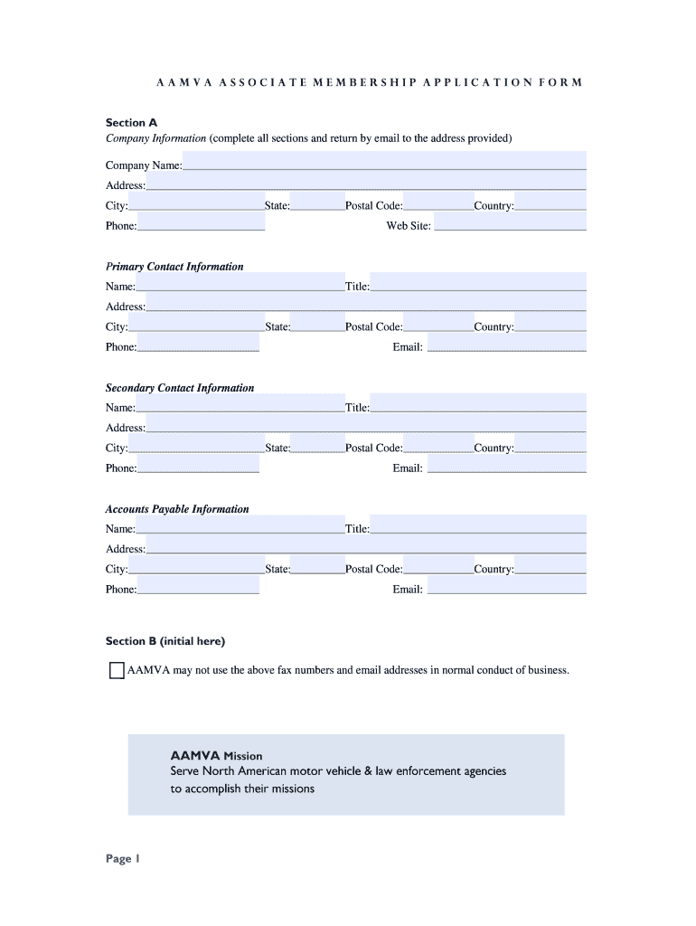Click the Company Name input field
[384, 161]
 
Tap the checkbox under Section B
[117, 671]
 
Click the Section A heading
[131, 122]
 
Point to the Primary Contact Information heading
[174, 267]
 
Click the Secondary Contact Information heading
[180, 388]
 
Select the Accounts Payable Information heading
[177, 509]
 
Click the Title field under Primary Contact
[478, 282]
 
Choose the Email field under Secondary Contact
[506, 464]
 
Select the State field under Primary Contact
[317, 323]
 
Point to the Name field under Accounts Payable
[240, 524]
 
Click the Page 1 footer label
[123, 859]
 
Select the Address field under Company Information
[365, 181]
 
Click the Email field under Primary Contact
[506, 343]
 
